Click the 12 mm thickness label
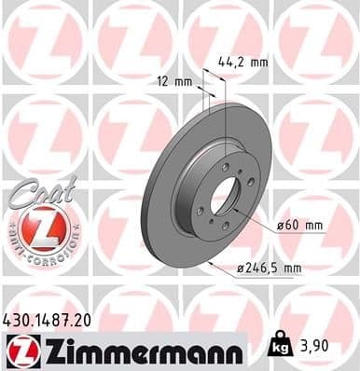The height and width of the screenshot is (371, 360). [x=174, y=81]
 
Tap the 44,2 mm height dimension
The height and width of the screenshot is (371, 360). [x=244, y=62]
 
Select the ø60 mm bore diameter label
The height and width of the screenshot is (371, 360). [x=300, y=227]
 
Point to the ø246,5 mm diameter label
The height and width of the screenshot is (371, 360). [x=270, y=268]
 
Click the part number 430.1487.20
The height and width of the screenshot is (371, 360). [x=54, y=320]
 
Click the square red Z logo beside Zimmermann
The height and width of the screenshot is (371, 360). [x=19, y=350]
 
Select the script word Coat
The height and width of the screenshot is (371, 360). [x=37, y=192]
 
